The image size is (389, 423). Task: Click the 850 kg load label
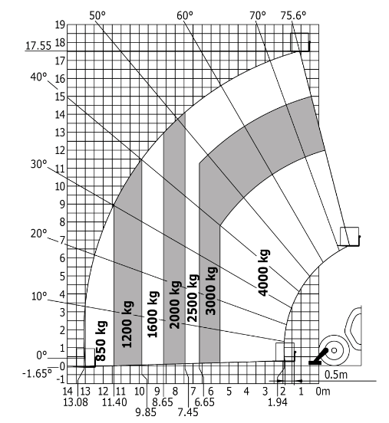101,341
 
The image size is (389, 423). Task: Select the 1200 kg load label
127,324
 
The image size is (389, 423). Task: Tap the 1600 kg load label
153,314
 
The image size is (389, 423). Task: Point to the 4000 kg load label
263,273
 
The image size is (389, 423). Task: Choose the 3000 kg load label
211,291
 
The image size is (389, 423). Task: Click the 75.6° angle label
293,15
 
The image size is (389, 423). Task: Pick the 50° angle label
97,15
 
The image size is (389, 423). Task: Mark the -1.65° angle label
37,374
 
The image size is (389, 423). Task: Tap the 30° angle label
38,164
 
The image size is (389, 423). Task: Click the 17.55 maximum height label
38,46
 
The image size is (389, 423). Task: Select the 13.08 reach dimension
76,402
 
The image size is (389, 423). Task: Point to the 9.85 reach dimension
146,412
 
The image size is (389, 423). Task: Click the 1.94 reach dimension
278,402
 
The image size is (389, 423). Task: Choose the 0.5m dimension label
336,375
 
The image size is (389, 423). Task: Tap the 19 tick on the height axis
60,25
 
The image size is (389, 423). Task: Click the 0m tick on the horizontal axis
323,391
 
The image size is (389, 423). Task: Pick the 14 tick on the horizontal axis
68,391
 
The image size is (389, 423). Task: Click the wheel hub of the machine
334,350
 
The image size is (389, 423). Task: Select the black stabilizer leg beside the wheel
318,356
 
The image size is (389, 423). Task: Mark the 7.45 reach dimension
188,412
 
